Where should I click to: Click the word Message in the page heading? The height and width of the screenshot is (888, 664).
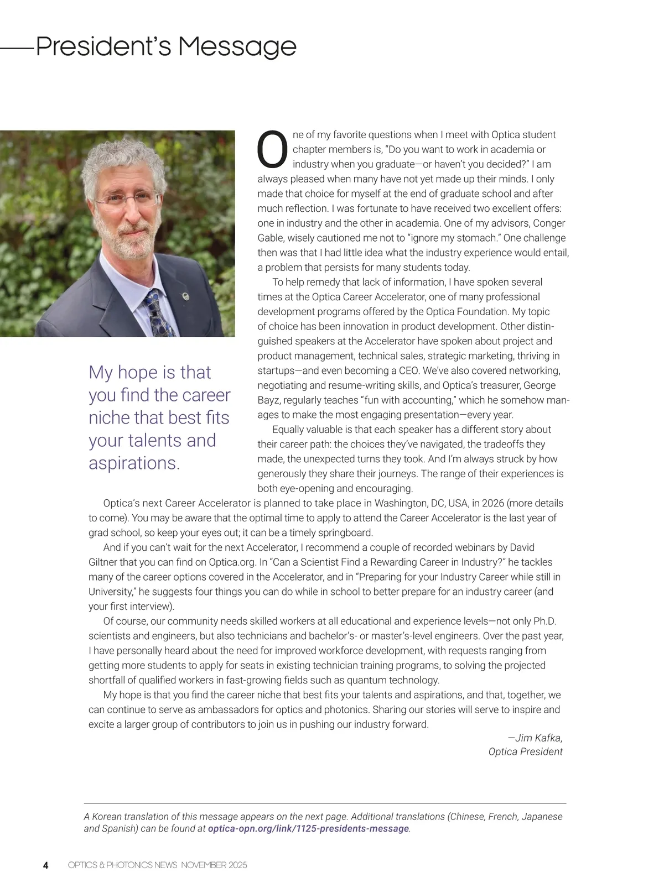(x=237, y=46)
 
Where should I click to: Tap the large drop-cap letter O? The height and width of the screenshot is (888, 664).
(x=273, y=149)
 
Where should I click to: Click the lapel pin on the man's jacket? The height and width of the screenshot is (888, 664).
(x=186, y=297)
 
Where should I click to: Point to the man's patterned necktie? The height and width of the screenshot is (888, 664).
(x=158, y=312)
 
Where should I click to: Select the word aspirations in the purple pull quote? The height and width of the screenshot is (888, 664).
(x=134, y=463)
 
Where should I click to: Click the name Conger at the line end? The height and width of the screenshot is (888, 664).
(x=549, y=223)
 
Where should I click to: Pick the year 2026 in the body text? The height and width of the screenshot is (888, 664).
(x=492, y=504)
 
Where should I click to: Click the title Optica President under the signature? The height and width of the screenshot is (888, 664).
(x=525, y=752)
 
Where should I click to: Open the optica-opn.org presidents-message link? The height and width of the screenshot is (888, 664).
(x=308, y=829)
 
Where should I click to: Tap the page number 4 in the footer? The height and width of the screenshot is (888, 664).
(x=46, y=865)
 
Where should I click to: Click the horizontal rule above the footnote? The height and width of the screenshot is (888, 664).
(x=325, y=803)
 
